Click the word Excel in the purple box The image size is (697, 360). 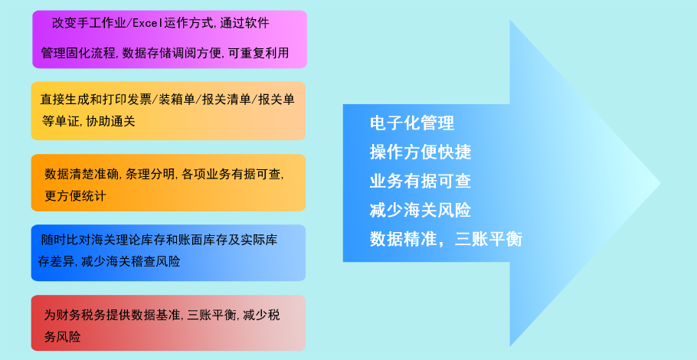(148, 23)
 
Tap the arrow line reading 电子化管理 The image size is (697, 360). (411, 123)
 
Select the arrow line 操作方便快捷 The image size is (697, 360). (420, 152)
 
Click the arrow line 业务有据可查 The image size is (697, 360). (420, 182)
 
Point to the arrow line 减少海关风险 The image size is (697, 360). (420, 210)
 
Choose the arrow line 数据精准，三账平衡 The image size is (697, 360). (446, 239)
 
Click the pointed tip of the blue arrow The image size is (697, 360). (660, 182)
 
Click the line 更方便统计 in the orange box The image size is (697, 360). (75, 196)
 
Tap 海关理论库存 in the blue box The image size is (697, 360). (128, 241)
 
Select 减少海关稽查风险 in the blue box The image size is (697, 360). (131, 262)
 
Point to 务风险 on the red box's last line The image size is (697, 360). (62, 337)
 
